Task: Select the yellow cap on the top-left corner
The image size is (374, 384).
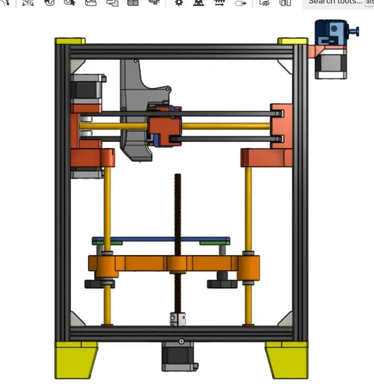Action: pyautogui.click(x=70, y=41)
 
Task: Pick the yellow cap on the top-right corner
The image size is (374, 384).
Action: pyautogui.click(x=293, y=41)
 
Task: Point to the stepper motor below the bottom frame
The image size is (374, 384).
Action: pyautogui.click(x=180, y=356)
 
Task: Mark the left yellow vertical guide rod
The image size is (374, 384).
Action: pyautogui.click(x=107, y=203)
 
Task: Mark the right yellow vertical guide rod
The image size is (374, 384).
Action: pyautogui.click(x=249, y=203)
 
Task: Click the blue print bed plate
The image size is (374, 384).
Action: pyautogui.click(x=161, y=240)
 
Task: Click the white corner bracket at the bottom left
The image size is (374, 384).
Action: pyautogui.click(x=77, y=319)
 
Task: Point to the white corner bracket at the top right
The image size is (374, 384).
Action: pyautogui.click(x=286, y=65)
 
